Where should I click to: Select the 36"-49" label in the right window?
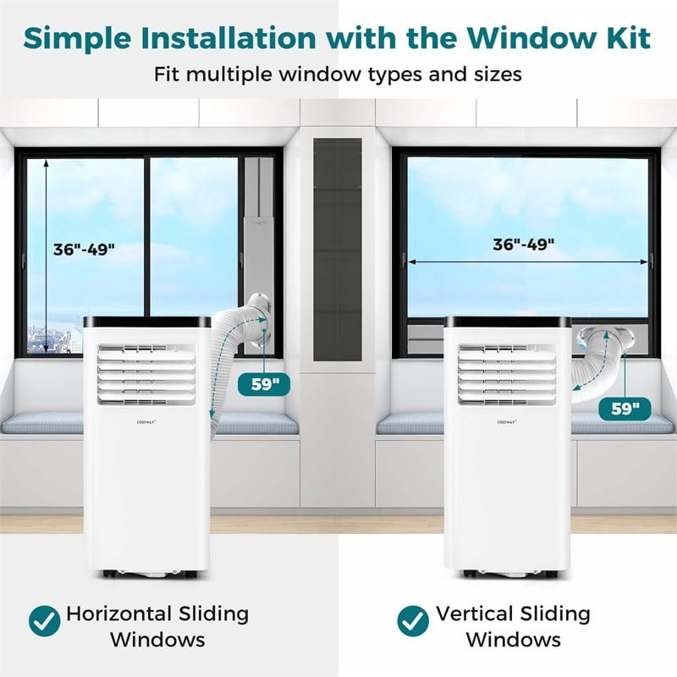point(526,245)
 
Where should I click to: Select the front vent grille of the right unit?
point(506,372)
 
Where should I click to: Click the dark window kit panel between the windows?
point(338,245)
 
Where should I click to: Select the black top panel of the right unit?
point(506,322)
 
